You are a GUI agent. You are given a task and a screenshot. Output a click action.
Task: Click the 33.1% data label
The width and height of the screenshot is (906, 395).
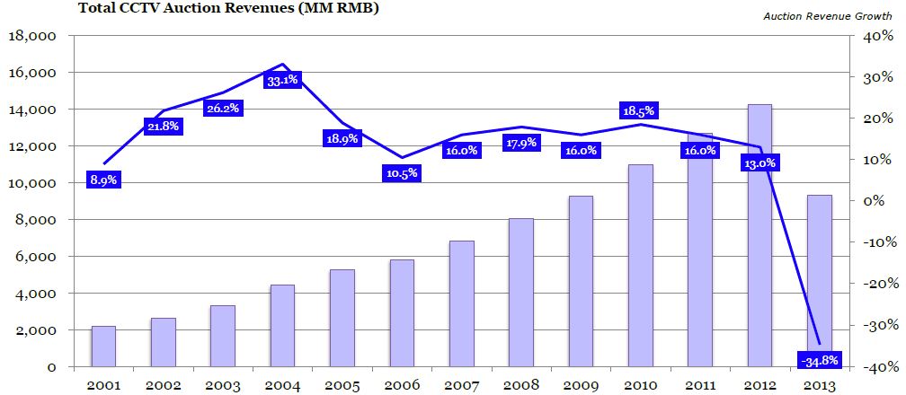[x=283, y=81]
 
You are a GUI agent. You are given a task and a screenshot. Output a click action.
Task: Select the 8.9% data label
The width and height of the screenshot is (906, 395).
[x=103, y=180]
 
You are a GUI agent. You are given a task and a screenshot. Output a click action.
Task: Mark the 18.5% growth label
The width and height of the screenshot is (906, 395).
[x=638, y=111]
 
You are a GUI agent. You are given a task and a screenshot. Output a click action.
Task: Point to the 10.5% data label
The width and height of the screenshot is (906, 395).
[x=402, y=173]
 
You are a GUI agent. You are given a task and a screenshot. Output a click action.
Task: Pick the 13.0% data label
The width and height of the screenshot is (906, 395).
[x=759, y=163]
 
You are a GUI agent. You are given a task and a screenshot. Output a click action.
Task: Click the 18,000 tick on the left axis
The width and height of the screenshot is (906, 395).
[x=31, y=36]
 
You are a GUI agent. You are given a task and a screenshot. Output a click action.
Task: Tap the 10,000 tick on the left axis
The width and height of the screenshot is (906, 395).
[x=31, y=183]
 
